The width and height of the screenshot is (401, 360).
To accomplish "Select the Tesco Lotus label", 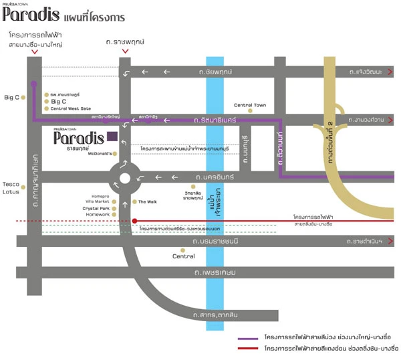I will click(11, 189).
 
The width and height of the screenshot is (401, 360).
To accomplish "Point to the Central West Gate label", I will click(68, 108).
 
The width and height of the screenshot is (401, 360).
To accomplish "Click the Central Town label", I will click(250, 105).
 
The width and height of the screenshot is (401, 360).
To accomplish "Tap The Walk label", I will click(147, 201).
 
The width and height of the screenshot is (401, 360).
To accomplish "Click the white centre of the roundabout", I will click(124, 179).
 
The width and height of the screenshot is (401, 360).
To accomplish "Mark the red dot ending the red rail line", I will click(134, 221).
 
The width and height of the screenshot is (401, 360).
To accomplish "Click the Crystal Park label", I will click(96, 208).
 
